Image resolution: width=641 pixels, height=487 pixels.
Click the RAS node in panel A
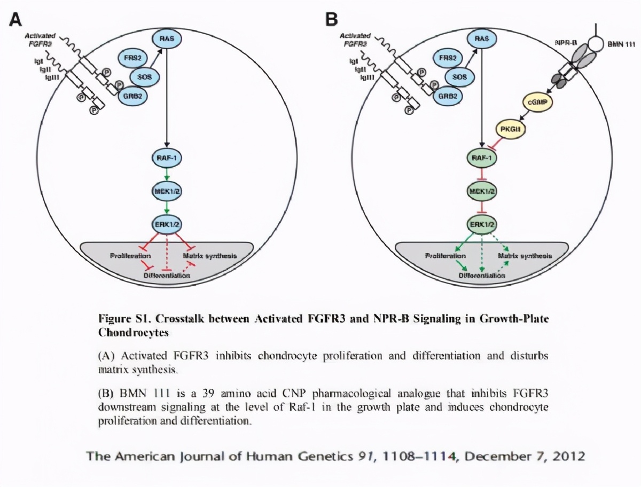(x=167, y=38)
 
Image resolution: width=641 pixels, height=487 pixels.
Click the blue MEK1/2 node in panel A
(x=167, y=191)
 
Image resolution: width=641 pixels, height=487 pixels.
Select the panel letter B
(x=332, y=20)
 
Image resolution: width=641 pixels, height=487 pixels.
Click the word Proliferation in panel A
(x=130, y=256)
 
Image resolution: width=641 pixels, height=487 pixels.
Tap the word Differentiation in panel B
(x=482, y=276)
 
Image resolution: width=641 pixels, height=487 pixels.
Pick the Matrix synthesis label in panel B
(x=525, y=256)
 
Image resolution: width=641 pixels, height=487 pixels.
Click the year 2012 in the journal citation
(x=567, y=457)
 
